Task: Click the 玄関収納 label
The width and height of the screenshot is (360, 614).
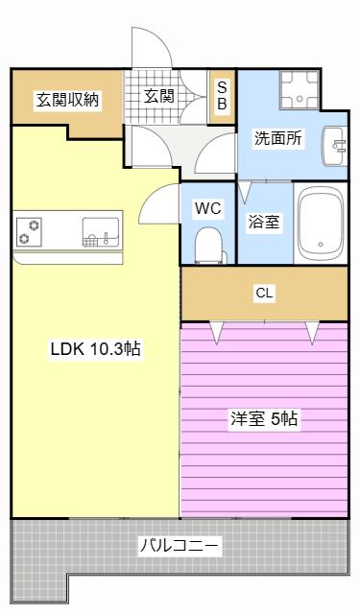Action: (67, 100)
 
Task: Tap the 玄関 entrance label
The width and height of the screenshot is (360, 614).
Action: (158, 96)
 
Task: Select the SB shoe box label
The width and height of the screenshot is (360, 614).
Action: (222, 95)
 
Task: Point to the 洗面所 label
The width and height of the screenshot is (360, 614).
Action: (278, 138)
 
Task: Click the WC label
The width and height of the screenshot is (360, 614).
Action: (208, 208)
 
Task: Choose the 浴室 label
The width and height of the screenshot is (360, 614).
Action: (264, 222)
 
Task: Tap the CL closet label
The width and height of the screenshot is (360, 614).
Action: (264, 293)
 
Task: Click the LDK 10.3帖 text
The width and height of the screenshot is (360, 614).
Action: (96, 348)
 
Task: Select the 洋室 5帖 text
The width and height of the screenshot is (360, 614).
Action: (264, 419)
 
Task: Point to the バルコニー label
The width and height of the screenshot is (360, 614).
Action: (180, 545)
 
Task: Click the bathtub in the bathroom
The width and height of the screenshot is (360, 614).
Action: (321, 224)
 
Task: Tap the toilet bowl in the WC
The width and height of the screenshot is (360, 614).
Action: (208, 246)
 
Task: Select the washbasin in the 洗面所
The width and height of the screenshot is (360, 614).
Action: (335, 146)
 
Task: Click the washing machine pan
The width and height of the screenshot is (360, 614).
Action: (300, 90)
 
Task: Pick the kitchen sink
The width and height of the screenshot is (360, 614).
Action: (101, 232)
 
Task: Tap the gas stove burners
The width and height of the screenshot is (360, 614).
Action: (29, 232)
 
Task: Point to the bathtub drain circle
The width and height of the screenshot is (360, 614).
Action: (321, 245)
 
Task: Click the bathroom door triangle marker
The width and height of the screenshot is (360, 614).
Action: (245, 192)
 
